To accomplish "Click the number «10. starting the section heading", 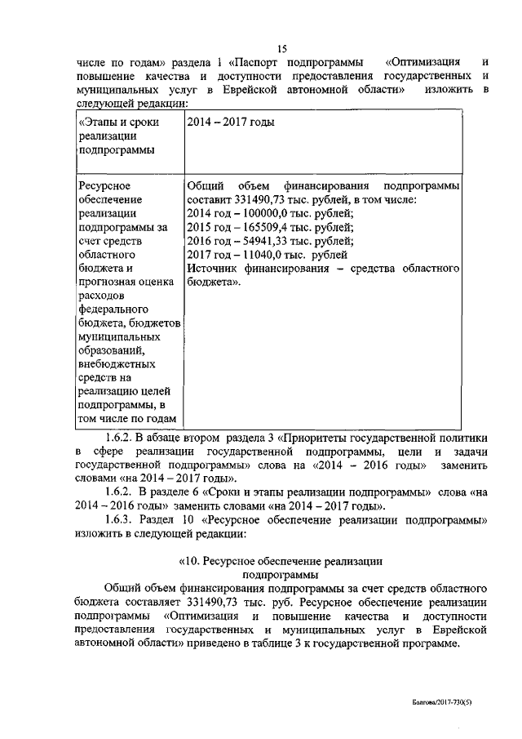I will pyautogui.click(x=192, y=562).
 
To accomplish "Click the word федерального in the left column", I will pyautogui.click(x=113, y=310).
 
